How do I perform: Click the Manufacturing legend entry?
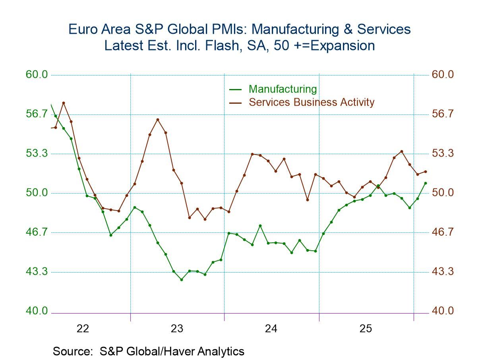click(x=283, y=89)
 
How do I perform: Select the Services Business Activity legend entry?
click(x=311, y=102)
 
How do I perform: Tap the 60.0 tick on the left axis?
click(x=37, y=75)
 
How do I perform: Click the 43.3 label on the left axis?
click(x=37, y=272)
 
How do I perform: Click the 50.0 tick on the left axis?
click(x=37, y=193)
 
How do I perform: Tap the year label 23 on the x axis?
click(x=177, y=329)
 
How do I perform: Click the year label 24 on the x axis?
click(x=271, y=329)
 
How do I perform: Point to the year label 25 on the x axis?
click(x=366, y=329)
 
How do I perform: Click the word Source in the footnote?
click(x=70, y=351)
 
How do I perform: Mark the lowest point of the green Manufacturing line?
click(x=182, y=280)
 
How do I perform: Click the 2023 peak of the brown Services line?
click(x=158, y=119)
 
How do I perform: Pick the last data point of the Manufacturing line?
click(x=426, y=183)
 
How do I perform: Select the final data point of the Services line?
click(x=426, y=172)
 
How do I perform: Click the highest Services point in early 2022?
click(x=64, y=103)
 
